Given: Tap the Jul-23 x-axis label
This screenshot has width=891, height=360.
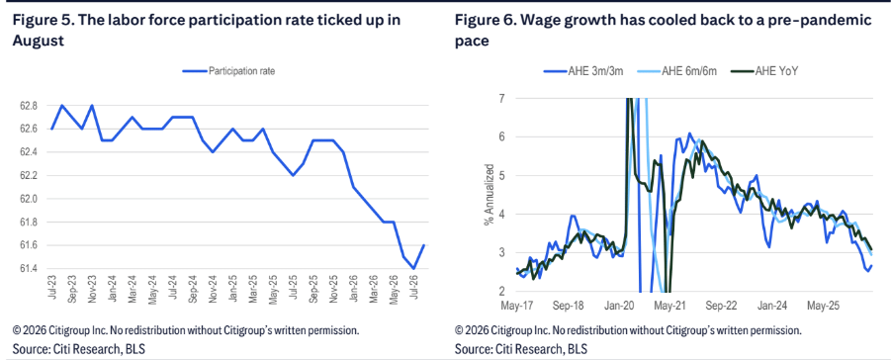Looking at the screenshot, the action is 52,289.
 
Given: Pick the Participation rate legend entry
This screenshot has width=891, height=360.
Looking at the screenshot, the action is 229,71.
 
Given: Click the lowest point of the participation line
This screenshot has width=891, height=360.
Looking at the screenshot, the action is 413,268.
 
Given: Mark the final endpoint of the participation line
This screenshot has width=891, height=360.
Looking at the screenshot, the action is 424,245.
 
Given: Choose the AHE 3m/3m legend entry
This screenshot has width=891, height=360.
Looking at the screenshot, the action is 583,71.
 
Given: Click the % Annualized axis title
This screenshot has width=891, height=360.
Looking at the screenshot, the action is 489,195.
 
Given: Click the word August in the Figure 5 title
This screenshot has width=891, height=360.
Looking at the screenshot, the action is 37,43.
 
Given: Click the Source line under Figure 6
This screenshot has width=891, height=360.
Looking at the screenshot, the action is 521,348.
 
